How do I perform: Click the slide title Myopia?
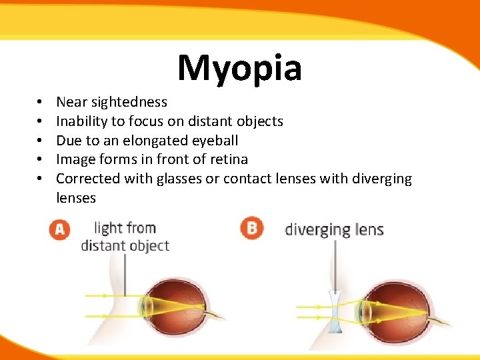(240, 68)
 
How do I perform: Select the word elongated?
(142, 141)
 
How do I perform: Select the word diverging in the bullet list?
(382, 179)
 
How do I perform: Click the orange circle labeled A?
(60, 229)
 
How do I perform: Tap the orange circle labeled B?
(252, 229)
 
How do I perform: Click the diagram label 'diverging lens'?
(334, 230)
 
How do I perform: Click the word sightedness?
(129, 102)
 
